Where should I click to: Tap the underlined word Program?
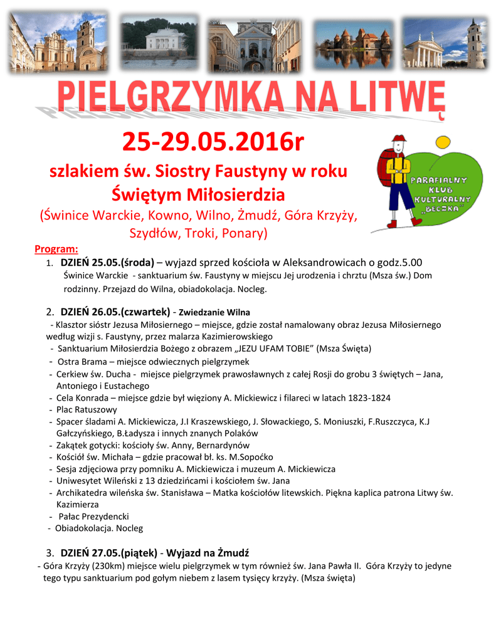click(x=56, y=249)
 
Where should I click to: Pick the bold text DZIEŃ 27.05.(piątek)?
click(x=109, y=553)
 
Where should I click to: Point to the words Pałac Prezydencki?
click(x=94, y=516)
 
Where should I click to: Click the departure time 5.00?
click(x=412, y=262)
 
